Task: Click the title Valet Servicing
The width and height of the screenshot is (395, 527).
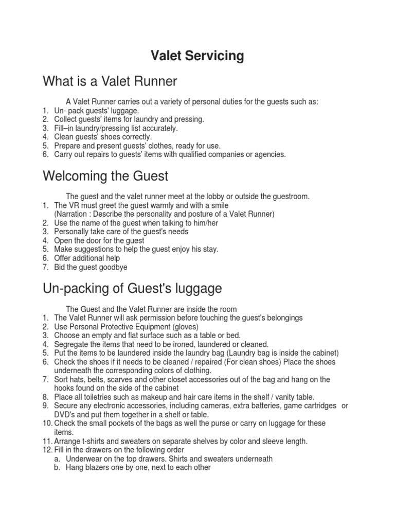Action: pos(197,56)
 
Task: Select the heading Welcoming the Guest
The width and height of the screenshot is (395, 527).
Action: pos(105,176)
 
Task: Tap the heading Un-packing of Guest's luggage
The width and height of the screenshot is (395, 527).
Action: pos(132,288)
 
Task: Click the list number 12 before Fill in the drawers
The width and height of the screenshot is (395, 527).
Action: pos(45,450)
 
